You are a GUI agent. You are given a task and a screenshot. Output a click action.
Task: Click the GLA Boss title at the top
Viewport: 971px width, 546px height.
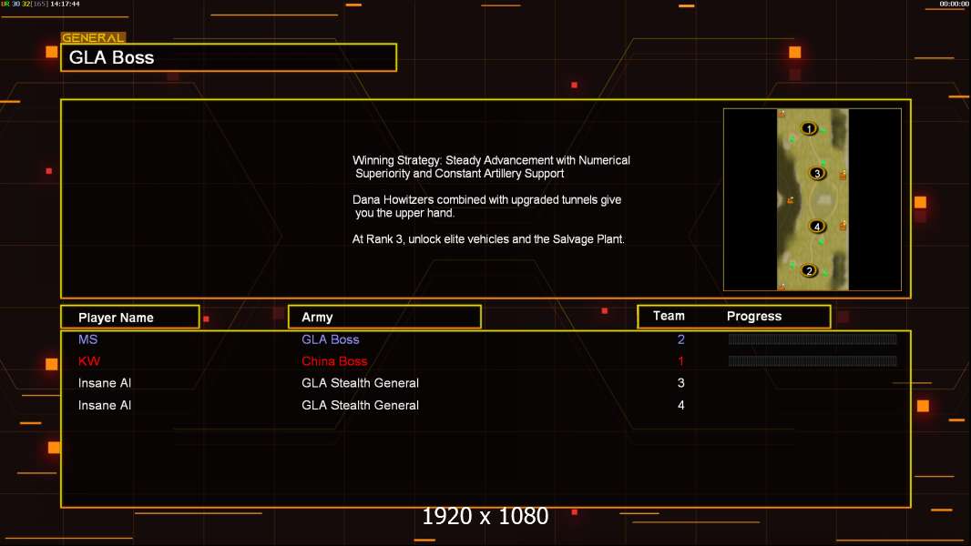(x=112, y=57)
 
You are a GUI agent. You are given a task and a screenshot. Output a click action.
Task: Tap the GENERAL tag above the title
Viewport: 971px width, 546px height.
(x=93, y=38)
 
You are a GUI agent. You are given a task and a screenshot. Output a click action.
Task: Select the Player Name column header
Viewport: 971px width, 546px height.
(x=116, y=318)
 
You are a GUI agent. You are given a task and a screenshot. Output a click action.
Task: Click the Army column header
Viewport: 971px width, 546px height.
(x=317, y=318)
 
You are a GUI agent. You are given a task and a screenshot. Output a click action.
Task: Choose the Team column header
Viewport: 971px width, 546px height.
(x=669, y=316)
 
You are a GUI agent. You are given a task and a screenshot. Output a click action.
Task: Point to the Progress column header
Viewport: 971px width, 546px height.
(x=754, y=317)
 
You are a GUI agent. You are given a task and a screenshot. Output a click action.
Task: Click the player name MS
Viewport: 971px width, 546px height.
(x=87, y=339)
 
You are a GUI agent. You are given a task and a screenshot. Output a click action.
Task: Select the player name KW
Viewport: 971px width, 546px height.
(x=88, y=361)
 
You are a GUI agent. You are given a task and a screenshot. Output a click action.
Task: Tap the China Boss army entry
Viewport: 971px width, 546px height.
(x=334, y=361)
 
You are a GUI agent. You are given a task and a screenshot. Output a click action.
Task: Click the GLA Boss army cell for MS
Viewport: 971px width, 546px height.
(x=331, y=339)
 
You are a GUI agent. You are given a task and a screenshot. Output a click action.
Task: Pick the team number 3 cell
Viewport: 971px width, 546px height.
(x=680, y=383)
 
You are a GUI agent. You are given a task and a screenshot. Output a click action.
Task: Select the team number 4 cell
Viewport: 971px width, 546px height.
(x=680, y=405)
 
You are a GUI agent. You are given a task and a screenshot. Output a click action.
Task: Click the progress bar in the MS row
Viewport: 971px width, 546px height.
(x=813, y=339)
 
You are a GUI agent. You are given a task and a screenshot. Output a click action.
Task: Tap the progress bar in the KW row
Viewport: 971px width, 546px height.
(x=813, y=361)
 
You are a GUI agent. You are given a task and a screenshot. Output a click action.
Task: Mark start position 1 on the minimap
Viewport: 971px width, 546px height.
(x=809, y=128)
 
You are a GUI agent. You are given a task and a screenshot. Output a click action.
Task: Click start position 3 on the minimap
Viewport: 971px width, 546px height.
(x=817, y=173)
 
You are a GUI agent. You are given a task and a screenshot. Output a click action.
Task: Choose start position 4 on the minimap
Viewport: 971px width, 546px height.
(x=817, y=227)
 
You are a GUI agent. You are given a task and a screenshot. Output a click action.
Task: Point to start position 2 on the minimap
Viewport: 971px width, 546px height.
(x=809, y=270)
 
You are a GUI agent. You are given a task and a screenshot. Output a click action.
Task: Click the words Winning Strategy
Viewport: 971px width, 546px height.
(x=397, y=160)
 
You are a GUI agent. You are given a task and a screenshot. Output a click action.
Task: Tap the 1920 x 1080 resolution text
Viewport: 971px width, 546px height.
(x=485, y=517)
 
